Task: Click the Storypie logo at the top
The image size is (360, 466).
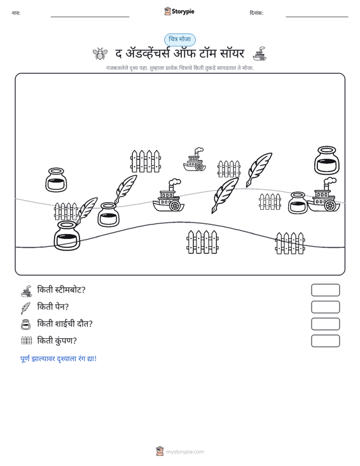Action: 179,11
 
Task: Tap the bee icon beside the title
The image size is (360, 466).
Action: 100,53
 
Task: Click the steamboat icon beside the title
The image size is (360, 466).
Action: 260,53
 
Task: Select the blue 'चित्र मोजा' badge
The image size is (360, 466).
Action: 180,39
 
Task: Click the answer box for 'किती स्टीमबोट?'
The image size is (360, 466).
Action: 325,290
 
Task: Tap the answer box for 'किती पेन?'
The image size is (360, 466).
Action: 325,307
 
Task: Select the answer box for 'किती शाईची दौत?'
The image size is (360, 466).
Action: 325,324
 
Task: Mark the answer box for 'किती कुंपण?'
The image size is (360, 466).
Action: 325,341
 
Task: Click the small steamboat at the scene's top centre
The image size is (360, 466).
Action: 195,160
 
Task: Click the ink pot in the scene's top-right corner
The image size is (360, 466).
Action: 327,160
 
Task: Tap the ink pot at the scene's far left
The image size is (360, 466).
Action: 56,180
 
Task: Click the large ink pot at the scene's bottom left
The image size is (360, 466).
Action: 67,235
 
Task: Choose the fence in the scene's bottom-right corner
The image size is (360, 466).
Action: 290,243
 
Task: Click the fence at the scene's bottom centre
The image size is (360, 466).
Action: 202,242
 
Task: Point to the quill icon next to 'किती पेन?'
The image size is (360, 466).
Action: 25,308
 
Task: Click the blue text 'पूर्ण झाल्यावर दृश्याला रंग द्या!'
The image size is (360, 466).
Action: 59,359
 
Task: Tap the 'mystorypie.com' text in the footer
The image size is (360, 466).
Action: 185,452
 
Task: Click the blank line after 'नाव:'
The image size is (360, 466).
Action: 90,17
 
